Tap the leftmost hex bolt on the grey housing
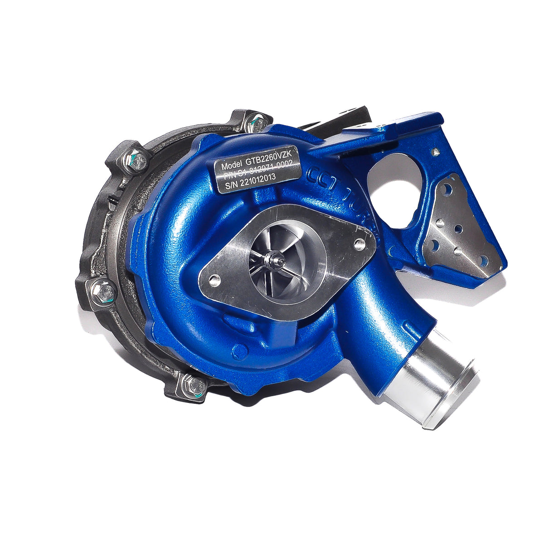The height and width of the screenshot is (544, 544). click(x=104, y=293)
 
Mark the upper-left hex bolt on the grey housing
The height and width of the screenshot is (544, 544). click(x=135, y=159)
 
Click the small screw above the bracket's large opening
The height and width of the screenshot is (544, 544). click(x=436, y=152)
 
